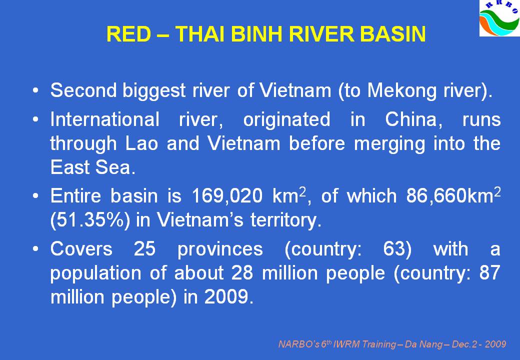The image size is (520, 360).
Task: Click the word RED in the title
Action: (128, 34)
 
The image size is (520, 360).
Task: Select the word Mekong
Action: (402, 90)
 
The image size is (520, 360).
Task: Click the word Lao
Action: (141, 143)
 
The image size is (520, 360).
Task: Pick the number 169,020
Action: (227, 196)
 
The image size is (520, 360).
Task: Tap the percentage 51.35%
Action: (90, 220)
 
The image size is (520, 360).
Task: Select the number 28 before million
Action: (242, 273)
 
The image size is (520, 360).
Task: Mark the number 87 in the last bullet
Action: (489, 273)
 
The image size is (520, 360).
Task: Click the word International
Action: (105, 119)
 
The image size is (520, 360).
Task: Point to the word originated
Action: (287, 119)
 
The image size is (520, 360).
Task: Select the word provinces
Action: (220, 249)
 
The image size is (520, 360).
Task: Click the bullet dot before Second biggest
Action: (36, 91)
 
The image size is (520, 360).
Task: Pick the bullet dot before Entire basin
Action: (36, 196)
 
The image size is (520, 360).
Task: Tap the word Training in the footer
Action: (378, 344)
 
